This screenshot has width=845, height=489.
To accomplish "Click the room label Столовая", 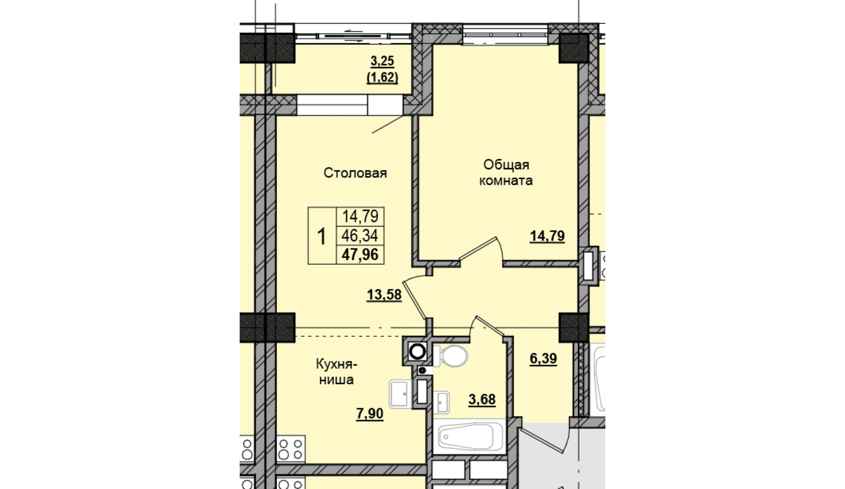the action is pos(355,173).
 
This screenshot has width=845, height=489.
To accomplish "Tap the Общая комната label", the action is pos(506,172).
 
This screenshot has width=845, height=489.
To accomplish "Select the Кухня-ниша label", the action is pos(336,372).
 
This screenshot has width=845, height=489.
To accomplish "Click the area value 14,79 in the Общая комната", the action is pos(547,236).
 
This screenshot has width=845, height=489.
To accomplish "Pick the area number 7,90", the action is pos(370,414).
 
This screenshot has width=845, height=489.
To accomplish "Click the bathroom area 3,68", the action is pos(482,399).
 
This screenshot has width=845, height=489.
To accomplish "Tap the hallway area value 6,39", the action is pos(543,358).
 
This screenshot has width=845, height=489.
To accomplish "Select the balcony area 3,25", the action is pos(382,61).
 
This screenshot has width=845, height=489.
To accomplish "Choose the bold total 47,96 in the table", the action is pos(360,255).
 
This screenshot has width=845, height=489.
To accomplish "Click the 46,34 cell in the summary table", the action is pos(360,236).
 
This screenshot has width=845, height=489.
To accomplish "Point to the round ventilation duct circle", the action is pos(418,352).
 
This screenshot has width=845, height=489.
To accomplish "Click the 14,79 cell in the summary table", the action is pos(360,217).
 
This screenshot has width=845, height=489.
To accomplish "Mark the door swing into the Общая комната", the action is pos(482,249).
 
